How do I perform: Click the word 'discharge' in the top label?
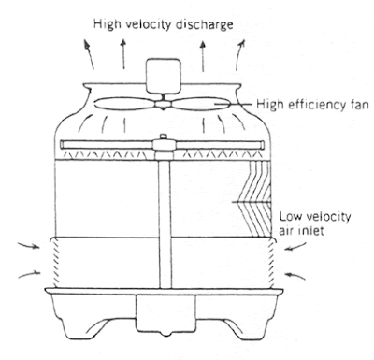pyautogui.click(x=204, y=24)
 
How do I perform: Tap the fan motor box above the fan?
pyautogui.click(x=164, y=76)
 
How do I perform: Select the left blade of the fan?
pyautogui.click(x=124, y=103)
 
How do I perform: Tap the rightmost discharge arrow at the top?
pyautogui.click(x=239, y=54)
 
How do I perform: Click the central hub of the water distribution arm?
pyautogui.click(x=164, y=145)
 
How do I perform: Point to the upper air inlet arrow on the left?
pyautogui.click(x=29, y=245)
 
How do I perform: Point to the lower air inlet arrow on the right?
pyautogui.click(x=295, y=275)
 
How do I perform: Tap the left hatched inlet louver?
pyautogui.click(x=54, y=263)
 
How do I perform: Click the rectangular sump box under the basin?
pyautogui.click(x=165, y=314)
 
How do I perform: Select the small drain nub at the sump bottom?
pyautogui.click(x=167, y=333)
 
